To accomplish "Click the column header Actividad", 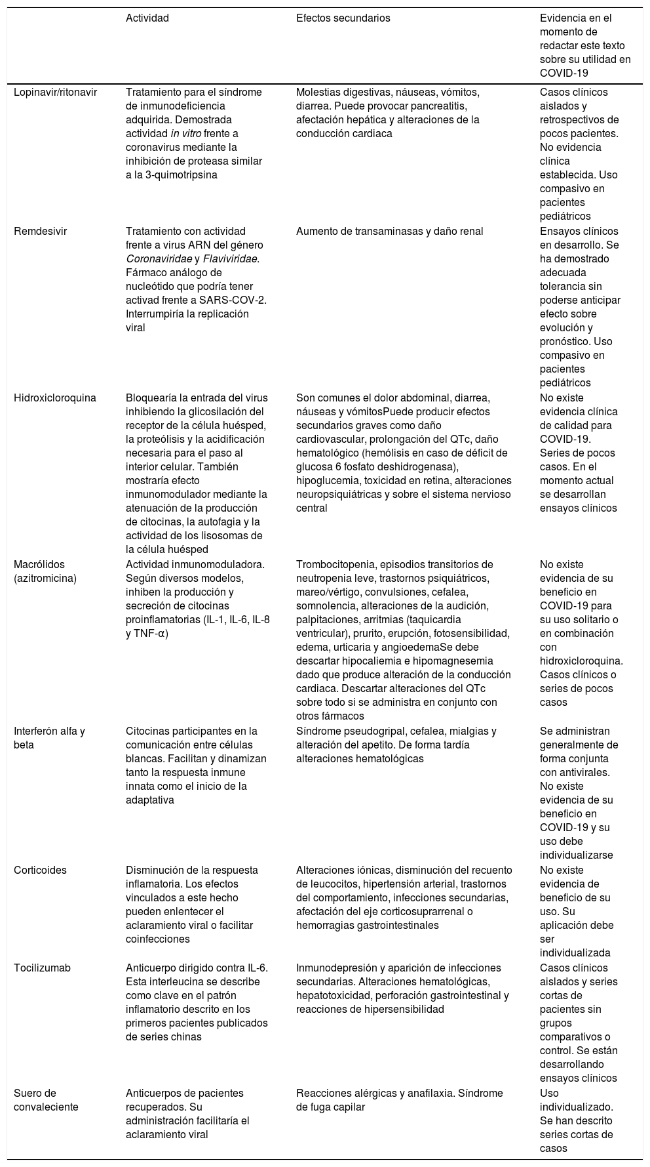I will (147, 18).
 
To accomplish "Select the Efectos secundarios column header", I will (343, 18).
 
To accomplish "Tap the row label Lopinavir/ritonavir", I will (55, 92).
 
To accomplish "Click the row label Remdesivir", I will (40, 232).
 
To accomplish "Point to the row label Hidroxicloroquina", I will (55, 398).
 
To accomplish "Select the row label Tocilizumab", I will (42, 968).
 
